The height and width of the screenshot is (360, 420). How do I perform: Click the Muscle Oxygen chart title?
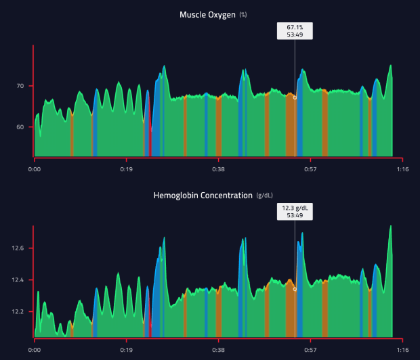[x=207, y=14]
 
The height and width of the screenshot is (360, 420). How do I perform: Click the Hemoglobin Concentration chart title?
[x=203, y=196]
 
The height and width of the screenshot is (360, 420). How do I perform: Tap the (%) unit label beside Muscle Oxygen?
[x=243, y=15]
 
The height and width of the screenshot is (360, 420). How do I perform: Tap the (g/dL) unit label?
[x=265, y=196]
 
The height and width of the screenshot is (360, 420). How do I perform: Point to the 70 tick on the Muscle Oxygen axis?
[x=20, y=86]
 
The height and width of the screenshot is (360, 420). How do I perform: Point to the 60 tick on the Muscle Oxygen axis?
[x=20, y=127]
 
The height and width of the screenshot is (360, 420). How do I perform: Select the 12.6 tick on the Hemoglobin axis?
[x=18, y=248]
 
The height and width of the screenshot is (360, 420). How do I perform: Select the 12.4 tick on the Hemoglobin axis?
[x=18, y=280]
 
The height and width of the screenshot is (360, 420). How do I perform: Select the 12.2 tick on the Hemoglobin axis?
[x=18, y=312]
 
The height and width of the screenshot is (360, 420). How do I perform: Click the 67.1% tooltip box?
[x=295, y=31]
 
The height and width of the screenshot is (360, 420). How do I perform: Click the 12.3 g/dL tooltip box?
[x=295, y=212]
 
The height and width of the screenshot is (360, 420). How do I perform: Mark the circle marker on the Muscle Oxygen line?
[x=295, y=97]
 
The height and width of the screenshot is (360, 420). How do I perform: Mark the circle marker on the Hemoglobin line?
[x=295, y=289]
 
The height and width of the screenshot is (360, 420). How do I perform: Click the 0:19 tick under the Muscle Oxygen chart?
[x=127, y=170]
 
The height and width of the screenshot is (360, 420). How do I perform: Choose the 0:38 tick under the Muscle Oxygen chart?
[x=218, y=170]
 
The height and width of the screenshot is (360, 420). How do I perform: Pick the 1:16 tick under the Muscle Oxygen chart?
[x=402, y=170]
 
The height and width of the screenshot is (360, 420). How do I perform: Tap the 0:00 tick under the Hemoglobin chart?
[x=35, y=351]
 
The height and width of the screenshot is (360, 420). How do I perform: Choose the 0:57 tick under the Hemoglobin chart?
[x=310, y=351]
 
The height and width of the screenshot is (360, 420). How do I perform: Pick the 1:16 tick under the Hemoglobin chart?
[x=402, y=351]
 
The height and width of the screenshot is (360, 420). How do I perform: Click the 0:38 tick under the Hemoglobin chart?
[x=218, y=351]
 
